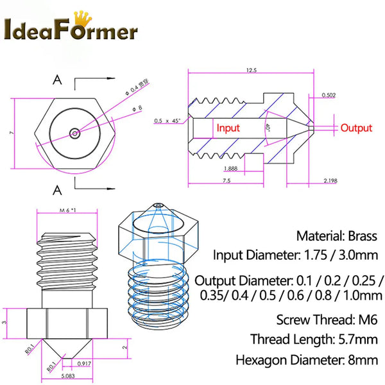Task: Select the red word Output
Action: pos(356,128)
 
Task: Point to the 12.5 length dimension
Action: pos(250,70)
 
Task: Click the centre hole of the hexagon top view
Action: pos(76,133)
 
